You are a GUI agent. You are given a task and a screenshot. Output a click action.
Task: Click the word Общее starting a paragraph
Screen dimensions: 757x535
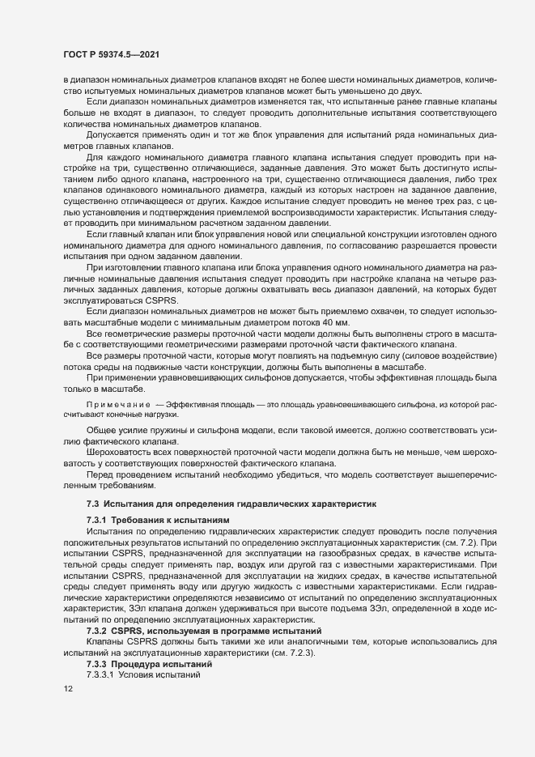[101, 430]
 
